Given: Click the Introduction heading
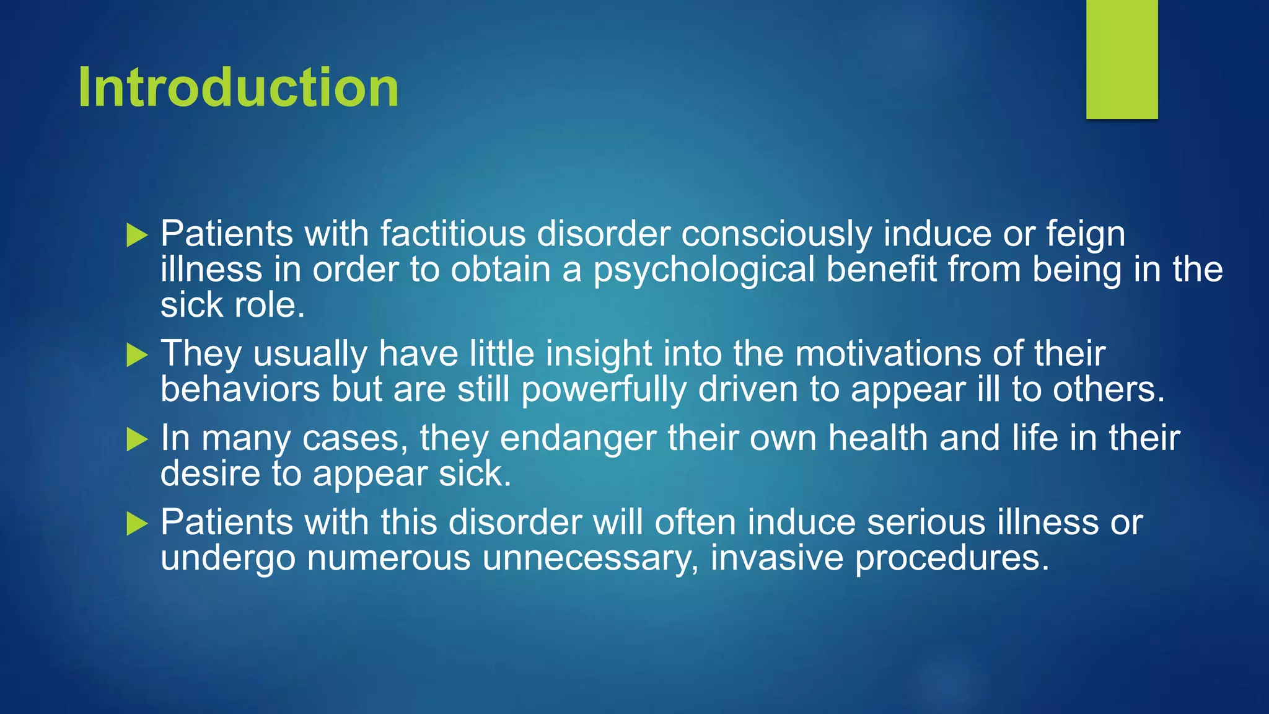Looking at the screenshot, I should tap(238, 87).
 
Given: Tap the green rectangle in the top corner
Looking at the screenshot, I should tap(1122, 59).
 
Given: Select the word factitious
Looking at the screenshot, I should tap(453, 234).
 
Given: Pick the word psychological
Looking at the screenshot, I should tap(704, 271).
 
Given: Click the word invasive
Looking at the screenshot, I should tap(777, 558).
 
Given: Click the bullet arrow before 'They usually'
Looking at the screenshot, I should tap(137, 356).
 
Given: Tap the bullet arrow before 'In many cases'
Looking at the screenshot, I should tap(137, 440).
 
